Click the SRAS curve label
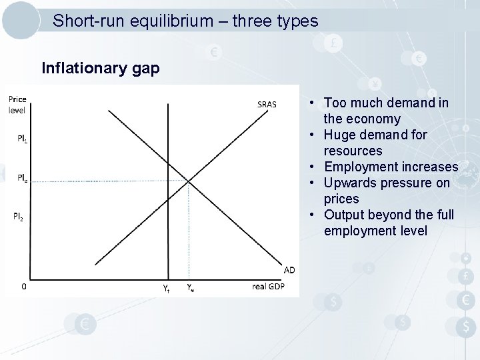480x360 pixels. coord(267,104)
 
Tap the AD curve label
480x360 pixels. coord(289,269)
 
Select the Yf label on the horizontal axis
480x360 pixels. coord(167,288)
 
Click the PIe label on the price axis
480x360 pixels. coord(23,178)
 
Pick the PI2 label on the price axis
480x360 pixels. coord(19,216)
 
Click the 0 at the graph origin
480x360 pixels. coord(24,287)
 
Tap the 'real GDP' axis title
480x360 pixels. coord(268,287)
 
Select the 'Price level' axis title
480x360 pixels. coord(17,105)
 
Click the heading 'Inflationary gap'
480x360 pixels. coord(100,68)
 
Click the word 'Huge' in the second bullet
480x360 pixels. coord(339,135)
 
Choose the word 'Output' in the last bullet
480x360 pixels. coord(343,215)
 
